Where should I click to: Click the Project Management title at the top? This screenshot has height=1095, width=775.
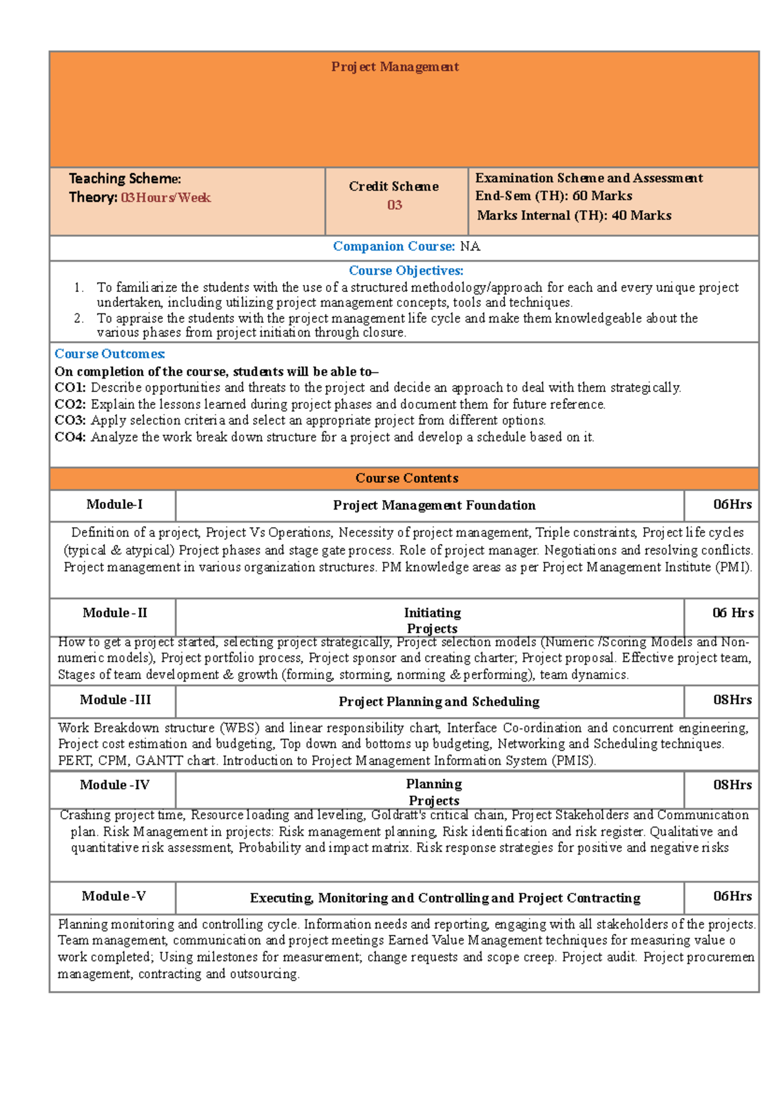[x=395, y=67]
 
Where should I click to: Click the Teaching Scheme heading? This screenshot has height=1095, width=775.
[x=125, y=178]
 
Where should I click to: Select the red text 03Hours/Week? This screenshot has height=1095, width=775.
[x=165, y=198]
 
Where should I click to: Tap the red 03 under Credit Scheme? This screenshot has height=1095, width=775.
[x=395, y=205]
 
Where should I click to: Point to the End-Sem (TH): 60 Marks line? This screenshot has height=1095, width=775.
[x=553, y=196]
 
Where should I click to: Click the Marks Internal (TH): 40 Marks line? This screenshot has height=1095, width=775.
[x=573, y=215]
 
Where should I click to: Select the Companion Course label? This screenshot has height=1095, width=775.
[x=394, y=246]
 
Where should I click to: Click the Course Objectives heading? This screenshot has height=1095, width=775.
[x=406, y=271]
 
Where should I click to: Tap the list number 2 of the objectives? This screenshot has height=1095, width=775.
[x=78, y=318]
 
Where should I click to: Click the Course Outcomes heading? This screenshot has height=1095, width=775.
[x=110, y=354]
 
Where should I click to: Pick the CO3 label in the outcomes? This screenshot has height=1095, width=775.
[x=70, y=420]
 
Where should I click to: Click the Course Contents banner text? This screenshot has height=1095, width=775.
[x=406, y=478]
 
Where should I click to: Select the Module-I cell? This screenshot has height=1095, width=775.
[x=114, y=505]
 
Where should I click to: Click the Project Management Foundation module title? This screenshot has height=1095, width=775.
[x=434, y=505]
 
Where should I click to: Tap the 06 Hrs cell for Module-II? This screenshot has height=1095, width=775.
[x=732, y=613]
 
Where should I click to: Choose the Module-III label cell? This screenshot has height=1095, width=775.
[x=115, y=700]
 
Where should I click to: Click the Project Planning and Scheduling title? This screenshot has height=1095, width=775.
[x=439, y=702]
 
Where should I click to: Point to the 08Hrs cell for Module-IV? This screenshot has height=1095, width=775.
[x=732, y=785]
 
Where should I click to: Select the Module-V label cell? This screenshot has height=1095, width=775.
[x=114, y=896]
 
